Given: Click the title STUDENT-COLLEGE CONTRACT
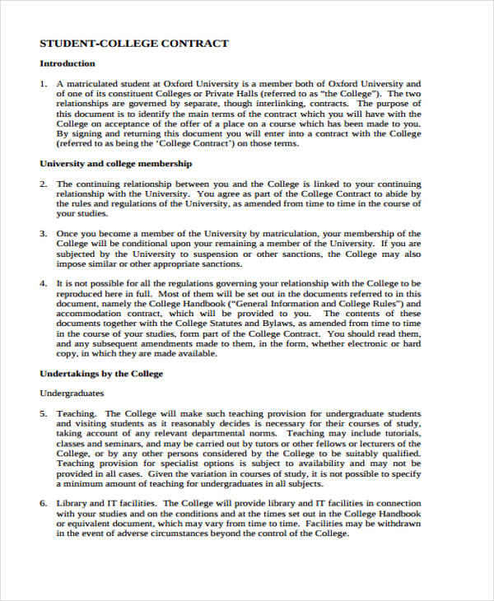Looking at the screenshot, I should tap(134, 43).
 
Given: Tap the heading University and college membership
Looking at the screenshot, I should tap(116, 164).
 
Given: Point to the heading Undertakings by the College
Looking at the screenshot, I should tap(101, 374).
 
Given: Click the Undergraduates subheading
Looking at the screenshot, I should tap(72, 394).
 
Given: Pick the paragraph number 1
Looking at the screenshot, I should tap(43, 84).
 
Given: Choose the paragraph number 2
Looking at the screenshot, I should tap(43, 184).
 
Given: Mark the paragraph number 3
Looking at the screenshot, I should tap(43, 234).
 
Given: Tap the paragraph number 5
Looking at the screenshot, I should tap(43, 413).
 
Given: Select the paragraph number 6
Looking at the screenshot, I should tap(43, 503).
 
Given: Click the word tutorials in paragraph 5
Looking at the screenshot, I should tap(401, 433).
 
